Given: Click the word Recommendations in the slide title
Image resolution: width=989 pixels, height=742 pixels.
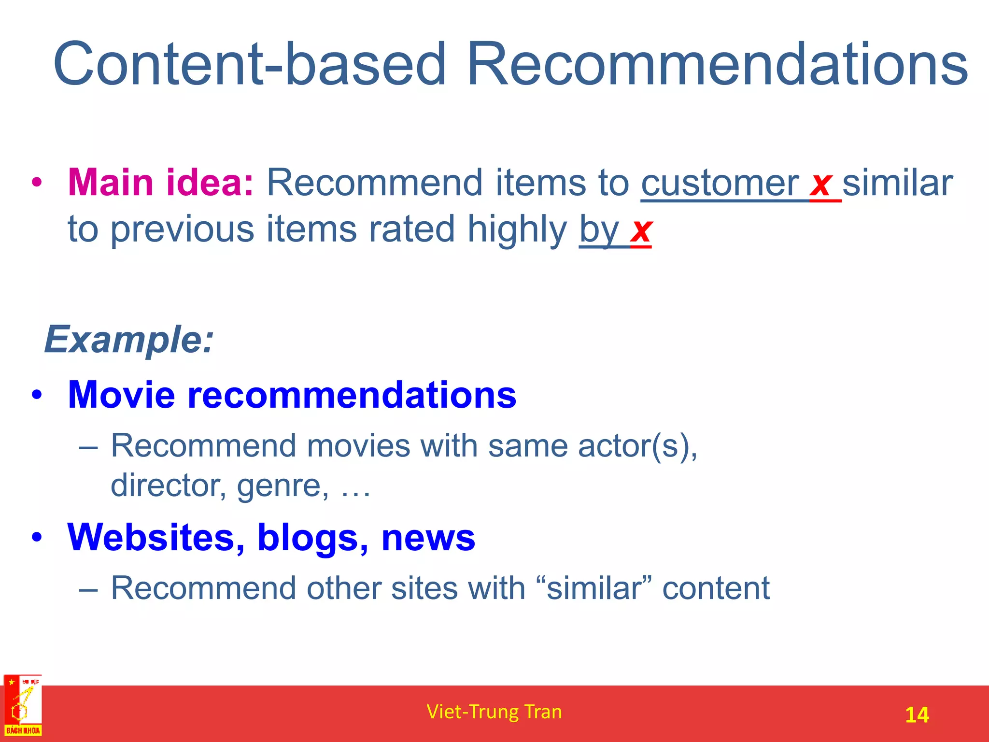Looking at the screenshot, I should (x=717, y=64).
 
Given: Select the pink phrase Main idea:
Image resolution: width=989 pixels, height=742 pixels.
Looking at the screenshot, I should (x=160, y=183).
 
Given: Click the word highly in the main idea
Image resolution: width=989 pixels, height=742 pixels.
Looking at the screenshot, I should (x=517, y=229).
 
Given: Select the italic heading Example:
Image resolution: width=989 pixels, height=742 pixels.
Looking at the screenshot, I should (x=128, y=340).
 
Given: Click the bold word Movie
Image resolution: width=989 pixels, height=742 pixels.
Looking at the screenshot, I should (x=121, y=395).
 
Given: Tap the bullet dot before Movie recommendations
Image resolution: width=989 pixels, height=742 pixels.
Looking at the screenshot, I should (x=37, y=395).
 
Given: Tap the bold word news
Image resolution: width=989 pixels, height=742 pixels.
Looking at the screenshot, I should (x=428, y=538).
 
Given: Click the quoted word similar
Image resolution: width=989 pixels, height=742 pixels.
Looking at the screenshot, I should (x=594, y=588).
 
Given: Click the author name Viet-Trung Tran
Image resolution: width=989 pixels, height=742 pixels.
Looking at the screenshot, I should (x=494, y=712).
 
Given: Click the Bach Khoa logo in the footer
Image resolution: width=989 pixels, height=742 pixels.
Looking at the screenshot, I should (x=23, y=706).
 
